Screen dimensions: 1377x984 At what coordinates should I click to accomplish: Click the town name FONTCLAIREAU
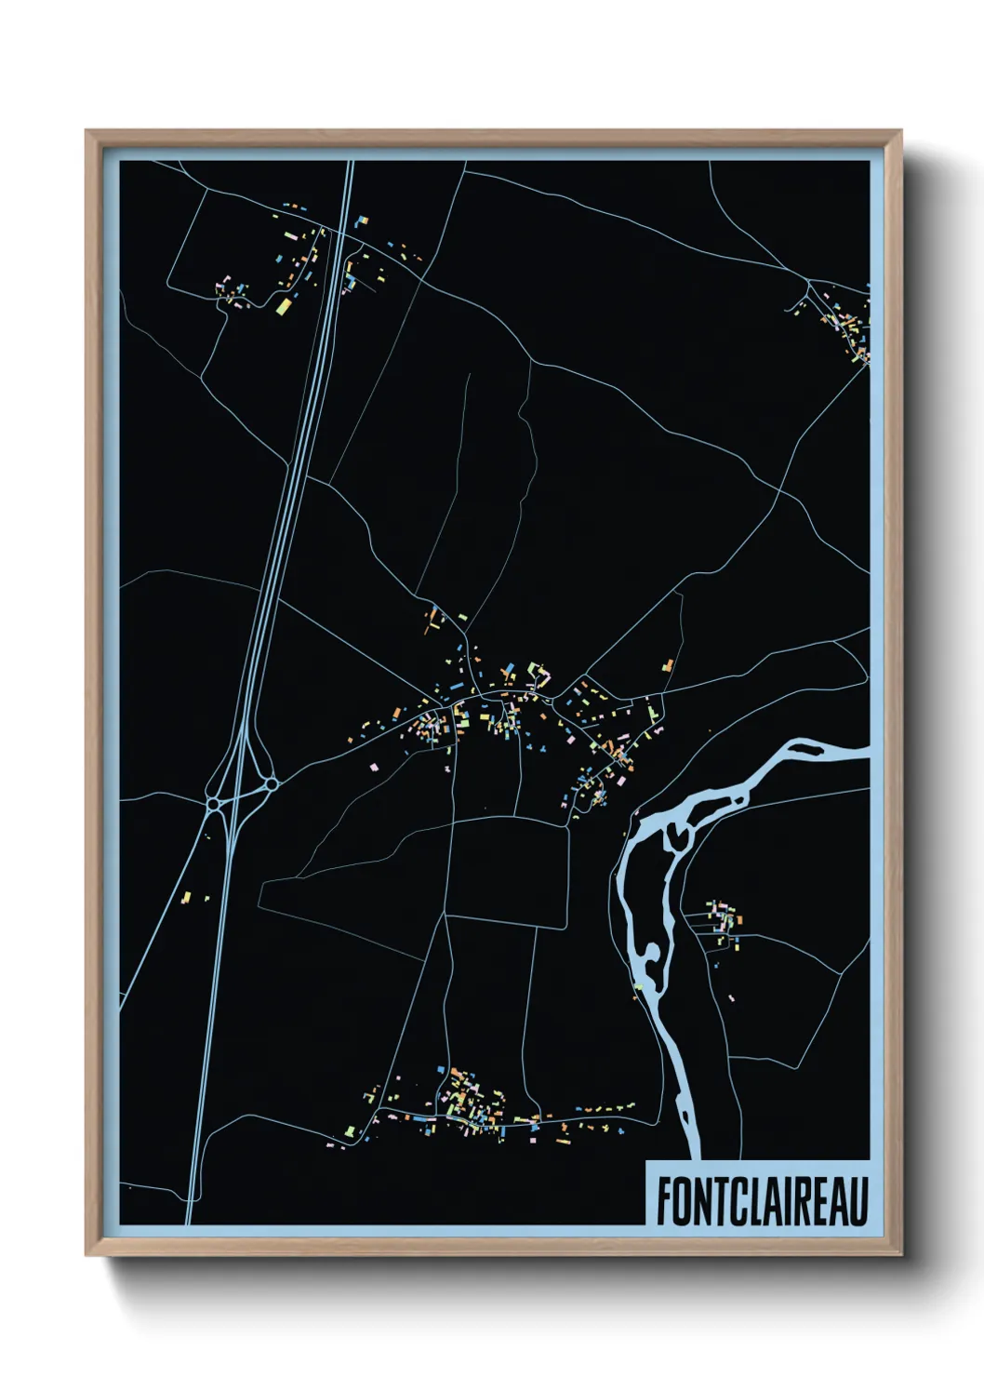tap(762, 1201)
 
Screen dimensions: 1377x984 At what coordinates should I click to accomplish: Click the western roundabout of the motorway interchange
tap(213, 802)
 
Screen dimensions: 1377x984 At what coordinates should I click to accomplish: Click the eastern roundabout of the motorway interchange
tap(272, 784)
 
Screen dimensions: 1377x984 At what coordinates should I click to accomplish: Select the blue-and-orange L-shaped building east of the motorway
tap(360, 221)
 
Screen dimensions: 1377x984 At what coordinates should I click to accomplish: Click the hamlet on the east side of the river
tap(724, 921)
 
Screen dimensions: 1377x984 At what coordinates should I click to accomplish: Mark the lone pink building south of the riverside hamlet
tap(731, 998)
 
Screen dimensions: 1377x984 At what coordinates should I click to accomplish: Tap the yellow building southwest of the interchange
tap(186, 898)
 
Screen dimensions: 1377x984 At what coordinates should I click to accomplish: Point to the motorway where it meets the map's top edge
tap(351, 163)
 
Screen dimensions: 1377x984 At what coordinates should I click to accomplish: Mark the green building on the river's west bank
tap(638, 987)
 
